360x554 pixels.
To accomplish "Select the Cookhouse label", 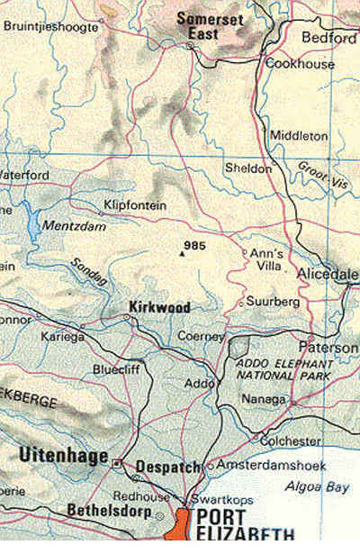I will pyautogui.click(x=300, y=64).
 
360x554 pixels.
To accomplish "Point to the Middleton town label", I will pyautogui.click(x=299, y=135).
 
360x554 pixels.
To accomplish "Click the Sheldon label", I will pyautogui.click(x=247, y=168).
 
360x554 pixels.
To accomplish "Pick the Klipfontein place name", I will pyautogui.click(x=135, y=205).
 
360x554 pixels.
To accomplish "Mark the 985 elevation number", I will pyautogui.click(x=193, y=245).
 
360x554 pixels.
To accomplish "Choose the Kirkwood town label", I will pyautogui.click(x=159, y=307).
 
